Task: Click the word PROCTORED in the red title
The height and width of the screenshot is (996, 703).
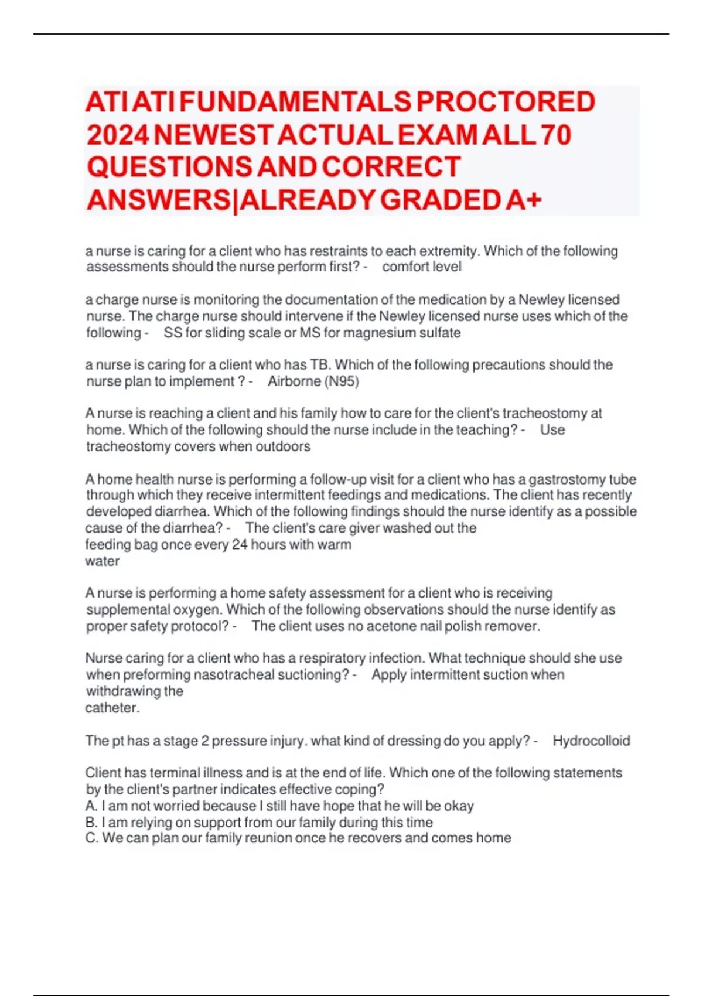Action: click(x=506, y=102)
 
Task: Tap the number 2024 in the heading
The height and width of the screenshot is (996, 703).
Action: click(x=118, y=135)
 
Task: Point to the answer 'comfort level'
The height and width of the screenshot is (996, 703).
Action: click(x=422, y=267)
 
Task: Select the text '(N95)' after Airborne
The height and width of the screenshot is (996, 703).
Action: click(x=342, y=381)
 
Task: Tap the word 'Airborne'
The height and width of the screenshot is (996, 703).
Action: click(x=294, y=381)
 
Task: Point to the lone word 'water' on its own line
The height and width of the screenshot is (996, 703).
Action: click(x=102, y=561)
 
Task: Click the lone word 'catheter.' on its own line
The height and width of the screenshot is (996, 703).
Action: click(x=112, y=708)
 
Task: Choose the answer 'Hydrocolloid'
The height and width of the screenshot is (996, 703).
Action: click(x=591, y=741)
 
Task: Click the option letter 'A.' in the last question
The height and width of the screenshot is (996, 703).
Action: click(x=91, y=806)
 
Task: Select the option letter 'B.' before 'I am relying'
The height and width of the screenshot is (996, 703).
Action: click(x=91, y=823)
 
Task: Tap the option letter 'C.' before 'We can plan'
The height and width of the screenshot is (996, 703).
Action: click(x=92, y=838)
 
